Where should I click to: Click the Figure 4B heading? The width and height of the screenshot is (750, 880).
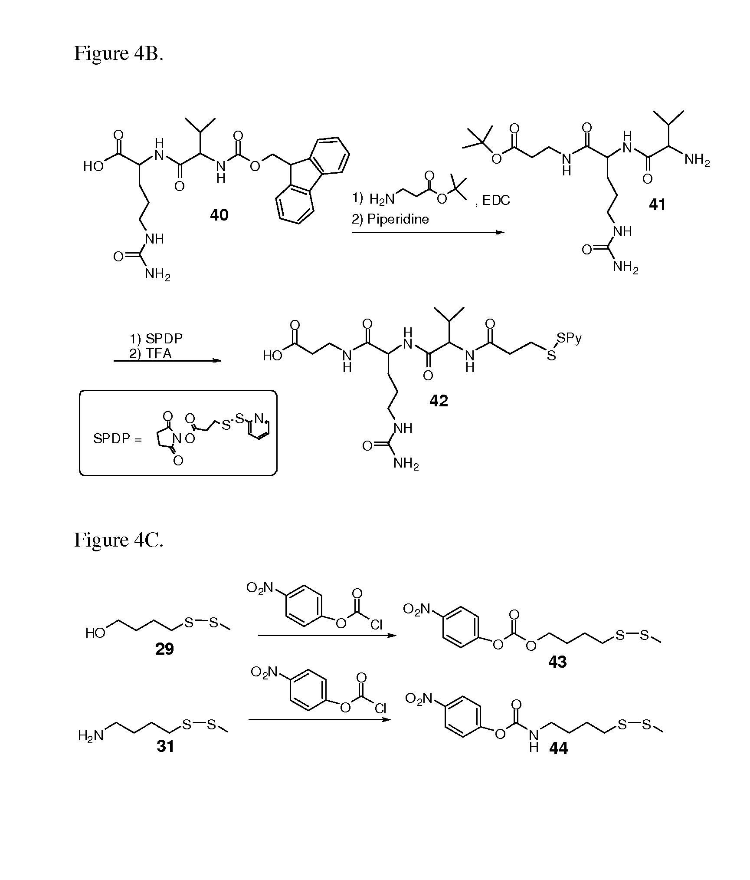(x=118, y=53)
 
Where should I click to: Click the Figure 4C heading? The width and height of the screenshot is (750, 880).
(x=118, y=540)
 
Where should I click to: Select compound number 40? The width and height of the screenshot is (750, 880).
(x=219, y=215)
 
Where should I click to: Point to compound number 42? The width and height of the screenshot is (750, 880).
(x=439, y=400)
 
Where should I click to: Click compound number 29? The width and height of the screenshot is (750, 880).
(x=164, y=649)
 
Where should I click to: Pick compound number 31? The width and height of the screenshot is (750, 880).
(x=165, y=746)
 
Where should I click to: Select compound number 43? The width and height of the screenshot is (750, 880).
(x=557, y=662)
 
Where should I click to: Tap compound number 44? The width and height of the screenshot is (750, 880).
(x=558, y=748)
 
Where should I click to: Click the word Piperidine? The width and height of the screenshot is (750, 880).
(x=398, y=219)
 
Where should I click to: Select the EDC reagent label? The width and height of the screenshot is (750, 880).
(x=496, y=200)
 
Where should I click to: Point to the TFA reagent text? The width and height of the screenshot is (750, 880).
(x=159, y=353)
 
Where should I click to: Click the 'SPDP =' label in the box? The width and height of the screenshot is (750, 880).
(x=118, y=439)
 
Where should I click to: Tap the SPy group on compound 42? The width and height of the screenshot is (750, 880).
(x=569, y=338)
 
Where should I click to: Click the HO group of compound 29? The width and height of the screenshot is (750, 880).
(x=95, y=633)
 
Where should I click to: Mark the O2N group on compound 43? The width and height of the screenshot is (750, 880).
(x=416, y=609)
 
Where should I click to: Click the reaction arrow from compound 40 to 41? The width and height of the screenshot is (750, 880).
(x=428, y=233)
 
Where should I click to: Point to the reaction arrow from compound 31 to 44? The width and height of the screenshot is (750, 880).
(x=319, y=719)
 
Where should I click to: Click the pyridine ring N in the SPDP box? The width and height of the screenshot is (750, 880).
(x=259, y=419)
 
